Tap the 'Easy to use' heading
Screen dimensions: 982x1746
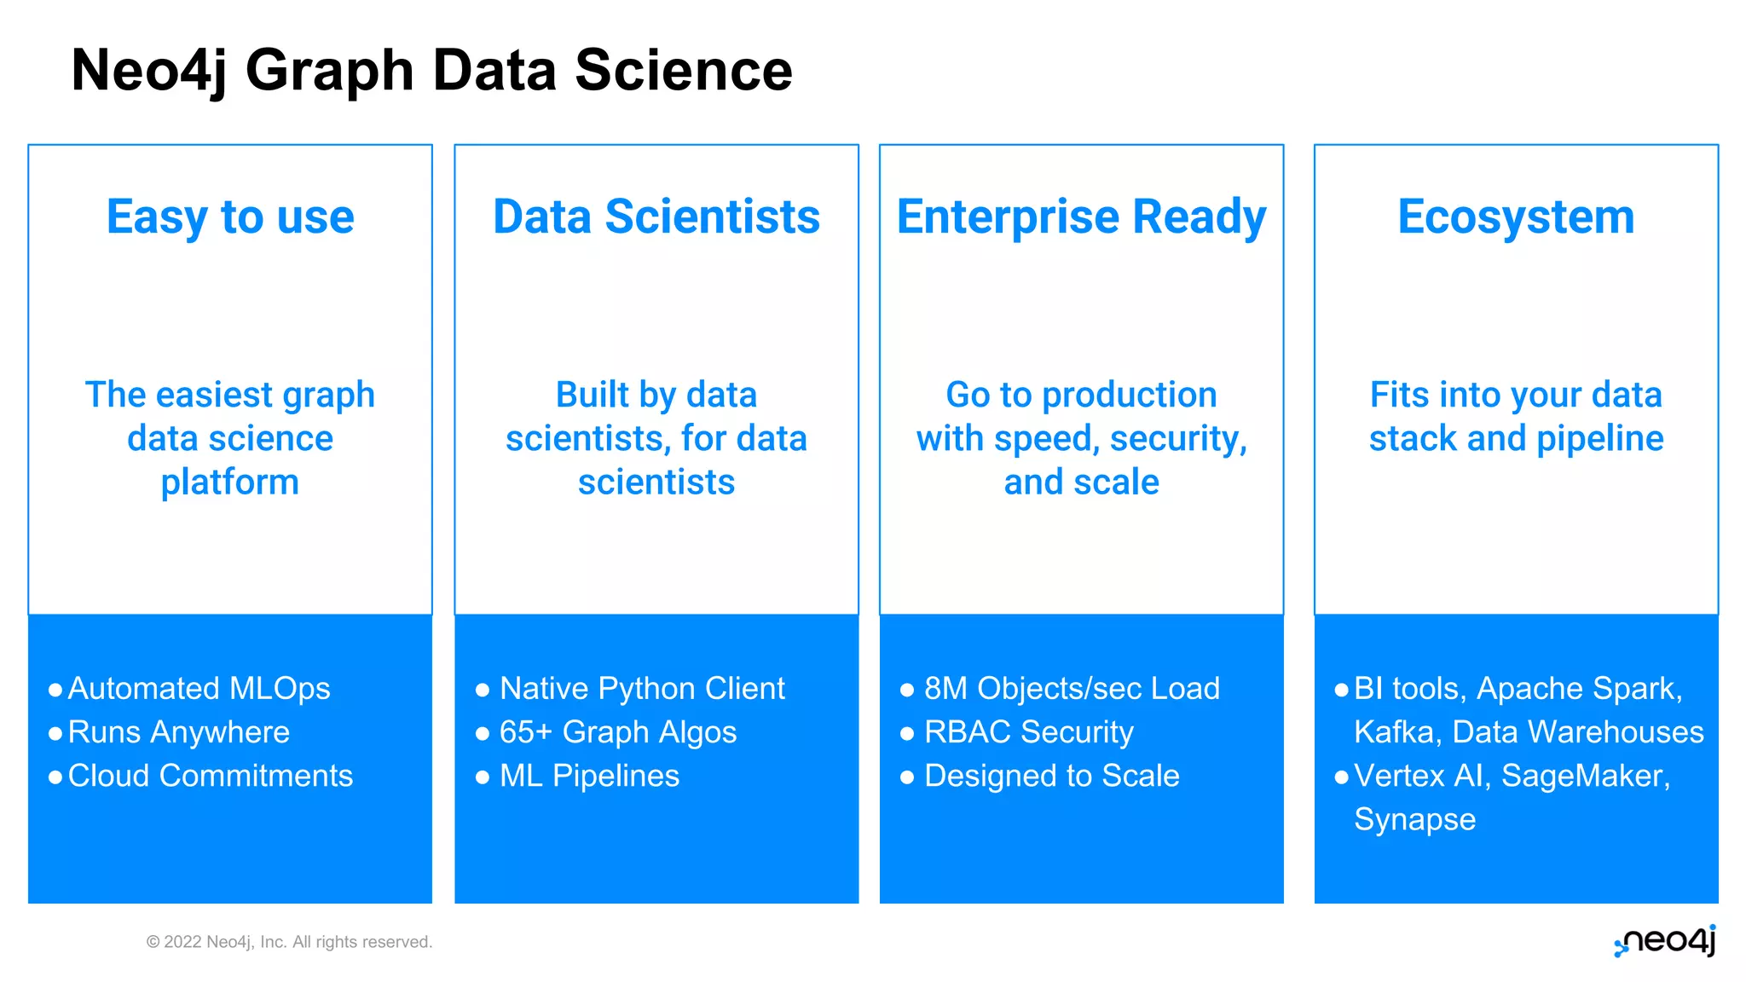230,217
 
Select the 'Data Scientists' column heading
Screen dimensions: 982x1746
656,217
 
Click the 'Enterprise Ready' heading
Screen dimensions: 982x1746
1081,217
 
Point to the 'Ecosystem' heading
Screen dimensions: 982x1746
1516,217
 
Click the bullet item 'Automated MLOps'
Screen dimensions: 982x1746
199,688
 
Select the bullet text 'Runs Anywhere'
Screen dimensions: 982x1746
178,731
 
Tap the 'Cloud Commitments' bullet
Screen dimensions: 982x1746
210,776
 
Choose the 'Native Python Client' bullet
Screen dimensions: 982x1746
641,688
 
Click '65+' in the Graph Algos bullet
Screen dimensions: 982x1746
525,731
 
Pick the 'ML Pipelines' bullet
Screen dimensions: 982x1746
589,776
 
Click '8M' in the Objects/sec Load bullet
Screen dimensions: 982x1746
945,688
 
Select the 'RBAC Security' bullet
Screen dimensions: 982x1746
1029,731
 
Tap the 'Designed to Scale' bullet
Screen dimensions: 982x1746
1051,776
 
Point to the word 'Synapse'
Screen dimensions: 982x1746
1414,819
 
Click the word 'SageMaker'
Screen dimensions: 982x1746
1584,776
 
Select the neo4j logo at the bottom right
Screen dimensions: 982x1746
1665,941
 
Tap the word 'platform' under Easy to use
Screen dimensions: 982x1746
230,482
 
